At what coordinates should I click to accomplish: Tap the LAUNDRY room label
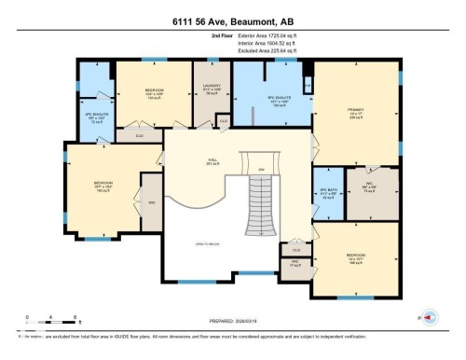210,90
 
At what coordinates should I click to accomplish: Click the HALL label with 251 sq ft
212,162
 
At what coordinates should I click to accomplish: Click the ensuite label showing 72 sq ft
93,119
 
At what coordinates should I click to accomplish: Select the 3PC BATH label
327,194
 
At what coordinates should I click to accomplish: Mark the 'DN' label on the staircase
261,169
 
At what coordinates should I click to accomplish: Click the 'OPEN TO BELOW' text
206,244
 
